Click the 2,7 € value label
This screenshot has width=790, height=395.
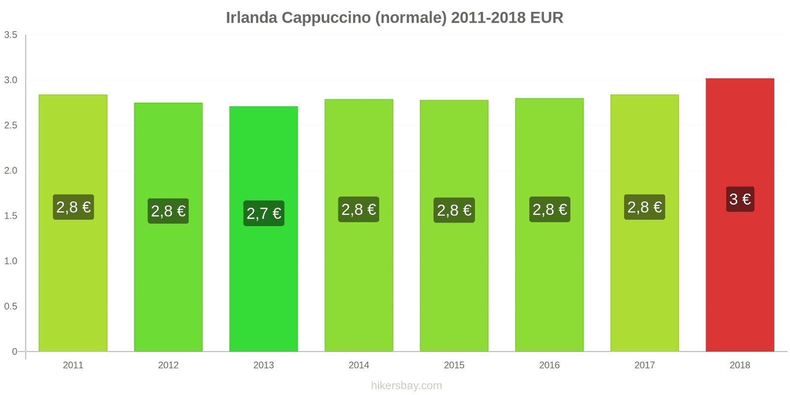click(x=264, y=213)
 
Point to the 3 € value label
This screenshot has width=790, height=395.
click(x=740, y=199)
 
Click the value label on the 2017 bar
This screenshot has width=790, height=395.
click(x=644, y=207)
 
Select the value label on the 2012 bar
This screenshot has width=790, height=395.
click(x=168, y=211)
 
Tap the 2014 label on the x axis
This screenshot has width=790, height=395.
click(x=359, y=365)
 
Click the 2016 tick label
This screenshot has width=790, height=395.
click(x=550, y=365)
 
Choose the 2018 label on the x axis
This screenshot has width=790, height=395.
click(x=740, y=365)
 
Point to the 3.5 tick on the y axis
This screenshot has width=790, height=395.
click(x=11, y=35)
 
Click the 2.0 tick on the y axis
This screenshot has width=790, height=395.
click(x=11, y=170)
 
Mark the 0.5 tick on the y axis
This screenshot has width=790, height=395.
click(x=11, y=306)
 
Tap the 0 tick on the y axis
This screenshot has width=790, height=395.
click(x=14, y=352)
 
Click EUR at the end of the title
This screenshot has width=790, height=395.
click(x=547, y=18)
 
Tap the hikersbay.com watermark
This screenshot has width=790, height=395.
click(x=406, y=386)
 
